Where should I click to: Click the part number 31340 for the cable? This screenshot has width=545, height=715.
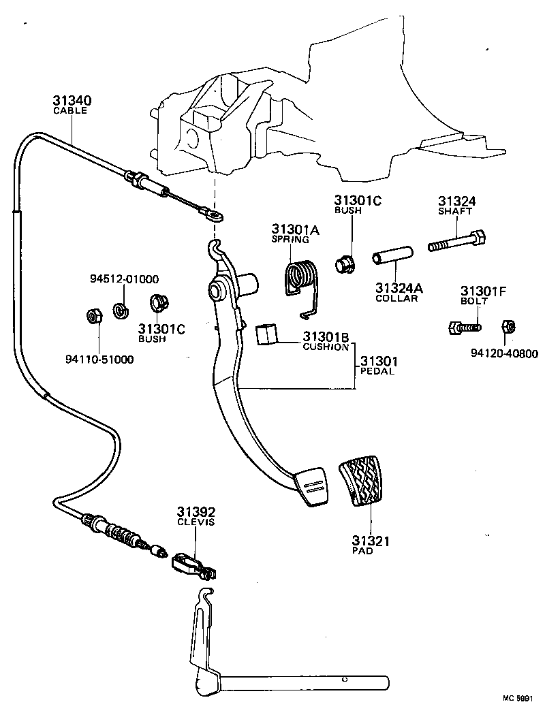point(71,100)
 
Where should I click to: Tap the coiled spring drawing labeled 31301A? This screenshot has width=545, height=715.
point(300,279)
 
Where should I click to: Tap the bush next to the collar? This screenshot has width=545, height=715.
point(345,262)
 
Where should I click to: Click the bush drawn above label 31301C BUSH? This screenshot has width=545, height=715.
point(159,302)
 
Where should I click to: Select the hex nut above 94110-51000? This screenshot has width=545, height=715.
point(95,316)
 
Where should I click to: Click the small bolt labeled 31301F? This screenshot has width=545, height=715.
point(463,328)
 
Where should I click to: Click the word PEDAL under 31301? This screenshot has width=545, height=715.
point(377,372)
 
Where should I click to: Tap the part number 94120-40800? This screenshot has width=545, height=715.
point(503,353)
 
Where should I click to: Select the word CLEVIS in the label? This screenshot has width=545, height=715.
point(196,522)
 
